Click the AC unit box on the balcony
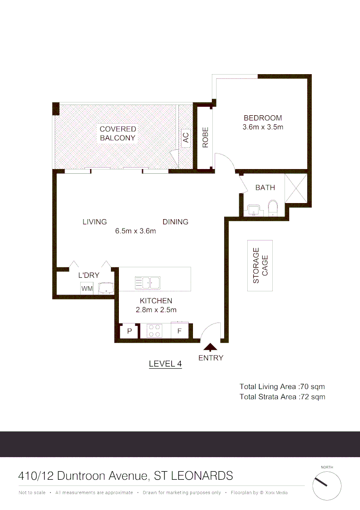click(185, 137)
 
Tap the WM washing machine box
click(87, 288)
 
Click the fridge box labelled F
click(179, 331)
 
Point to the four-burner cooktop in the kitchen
click(154, 331)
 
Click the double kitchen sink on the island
click(147, 282)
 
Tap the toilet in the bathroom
click(273, 208)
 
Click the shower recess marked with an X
click(296, 188)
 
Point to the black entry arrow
click(210, 347)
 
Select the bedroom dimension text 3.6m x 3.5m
click(262, 127)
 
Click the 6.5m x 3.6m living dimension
click(135, 231)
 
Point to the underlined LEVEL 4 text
click(165, 364)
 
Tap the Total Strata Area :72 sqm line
click(282, 397)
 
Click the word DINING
click(176, 221)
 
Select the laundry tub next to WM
click(106, 287)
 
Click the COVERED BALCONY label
click(117, 134)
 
